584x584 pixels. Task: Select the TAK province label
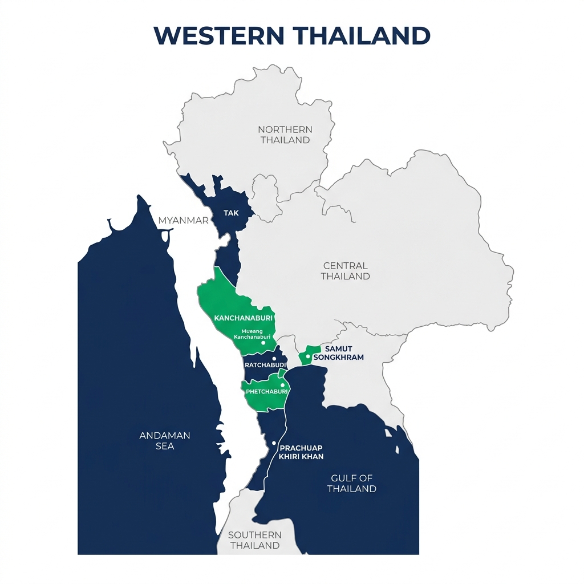click(231, 213)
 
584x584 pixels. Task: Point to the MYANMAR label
click(184, 220)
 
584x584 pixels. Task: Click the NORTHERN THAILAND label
click(285, 135)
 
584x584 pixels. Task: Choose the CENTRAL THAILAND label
click(345, 271)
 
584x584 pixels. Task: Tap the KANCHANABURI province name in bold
click(243, 318)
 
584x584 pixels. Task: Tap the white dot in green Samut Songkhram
click(307, 356)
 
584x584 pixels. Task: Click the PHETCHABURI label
click(265, 392)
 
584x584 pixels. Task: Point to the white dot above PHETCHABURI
click(283, 385)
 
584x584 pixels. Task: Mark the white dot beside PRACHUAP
click(274, 443)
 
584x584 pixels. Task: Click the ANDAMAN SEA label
click(165, 440)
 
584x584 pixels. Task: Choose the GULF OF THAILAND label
click(352, 483)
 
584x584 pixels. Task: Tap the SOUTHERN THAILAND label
click(254, 540)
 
